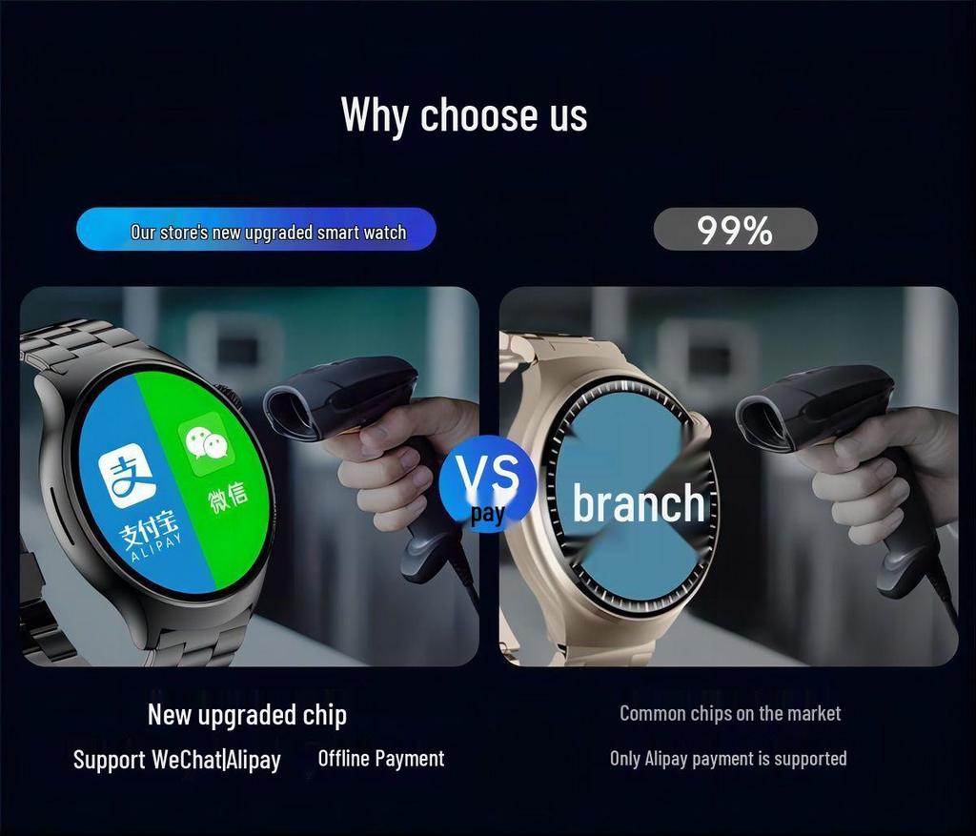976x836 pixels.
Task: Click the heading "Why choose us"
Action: (464, 115)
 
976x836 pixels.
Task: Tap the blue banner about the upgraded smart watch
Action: (255, 231)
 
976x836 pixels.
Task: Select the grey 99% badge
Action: (735, 230)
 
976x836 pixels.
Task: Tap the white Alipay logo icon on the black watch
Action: (128, 477)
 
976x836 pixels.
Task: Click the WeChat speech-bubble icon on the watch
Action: (207, 442)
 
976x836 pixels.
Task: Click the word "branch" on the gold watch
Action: (639, 504)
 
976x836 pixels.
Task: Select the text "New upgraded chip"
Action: (247, 715)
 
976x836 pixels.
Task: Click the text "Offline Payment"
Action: (380, 759)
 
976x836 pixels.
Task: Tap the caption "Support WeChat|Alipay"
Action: (177, 760)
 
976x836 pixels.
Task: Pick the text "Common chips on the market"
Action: (730, 713)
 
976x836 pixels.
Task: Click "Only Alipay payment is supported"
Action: (728, 759)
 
